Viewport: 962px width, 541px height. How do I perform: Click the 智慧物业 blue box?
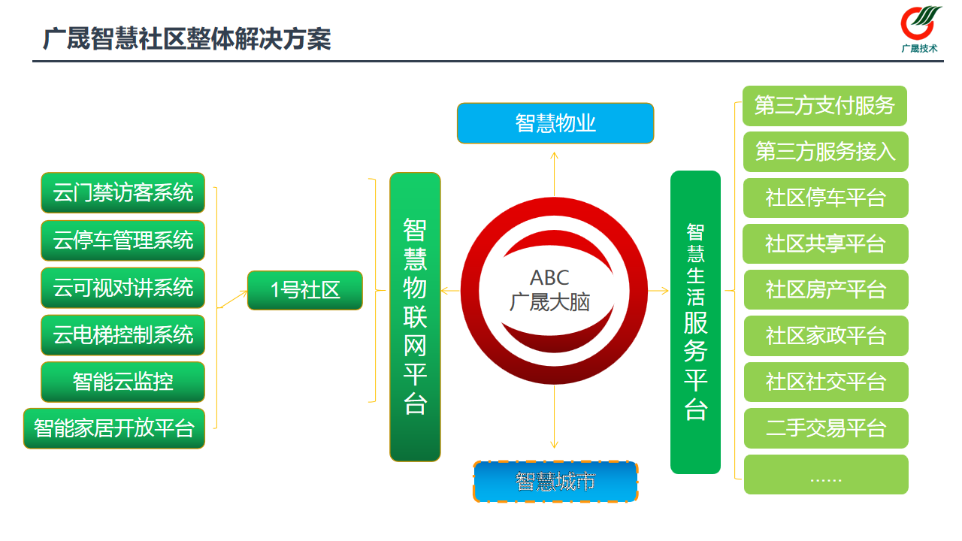555,123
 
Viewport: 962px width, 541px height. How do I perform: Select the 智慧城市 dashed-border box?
555,482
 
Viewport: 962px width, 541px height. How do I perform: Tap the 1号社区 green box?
305,290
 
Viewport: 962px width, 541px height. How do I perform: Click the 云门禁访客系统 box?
123,193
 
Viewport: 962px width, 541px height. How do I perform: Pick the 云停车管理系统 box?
123,240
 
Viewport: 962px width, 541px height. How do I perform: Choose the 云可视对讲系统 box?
123,288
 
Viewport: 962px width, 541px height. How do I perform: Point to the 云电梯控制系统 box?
123,335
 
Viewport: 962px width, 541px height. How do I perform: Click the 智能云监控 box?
123,382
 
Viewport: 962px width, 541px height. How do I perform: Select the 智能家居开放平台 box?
114,428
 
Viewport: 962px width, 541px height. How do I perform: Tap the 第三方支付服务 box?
824,106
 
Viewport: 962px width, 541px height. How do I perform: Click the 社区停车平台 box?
826,198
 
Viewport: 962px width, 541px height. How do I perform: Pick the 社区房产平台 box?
826,290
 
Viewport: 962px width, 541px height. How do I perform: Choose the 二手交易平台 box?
826,428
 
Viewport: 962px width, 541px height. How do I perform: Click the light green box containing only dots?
826,475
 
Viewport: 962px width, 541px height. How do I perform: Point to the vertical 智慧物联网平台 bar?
415,316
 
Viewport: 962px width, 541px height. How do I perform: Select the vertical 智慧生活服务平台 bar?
695,322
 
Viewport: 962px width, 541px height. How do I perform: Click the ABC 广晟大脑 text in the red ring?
549,290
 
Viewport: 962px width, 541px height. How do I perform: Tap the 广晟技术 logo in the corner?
920,29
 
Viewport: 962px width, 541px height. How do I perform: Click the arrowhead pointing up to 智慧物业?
554,156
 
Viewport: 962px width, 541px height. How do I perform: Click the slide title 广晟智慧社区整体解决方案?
187,39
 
